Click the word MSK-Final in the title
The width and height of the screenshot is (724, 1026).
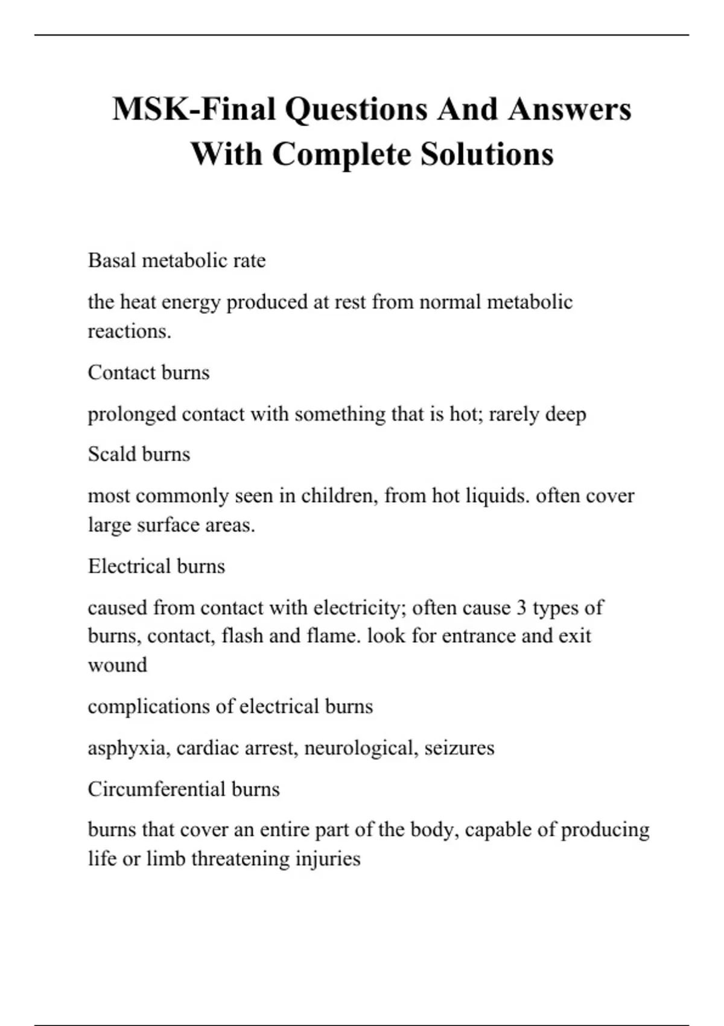(194, 109)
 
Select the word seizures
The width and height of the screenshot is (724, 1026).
(459, 748)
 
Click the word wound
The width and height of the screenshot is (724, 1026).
(118, 665)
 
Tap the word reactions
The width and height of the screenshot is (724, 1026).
(129, 331)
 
